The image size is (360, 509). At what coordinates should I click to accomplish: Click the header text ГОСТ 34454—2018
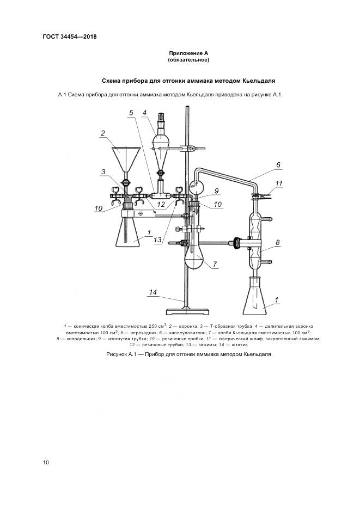(70, 36)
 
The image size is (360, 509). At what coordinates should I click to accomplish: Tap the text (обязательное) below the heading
(188, 60)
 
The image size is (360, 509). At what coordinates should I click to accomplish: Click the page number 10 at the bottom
(46, 462)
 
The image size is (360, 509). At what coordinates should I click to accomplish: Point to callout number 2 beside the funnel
(103, 133)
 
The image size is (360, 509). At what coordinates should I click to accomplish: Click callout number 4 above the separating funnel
(144, 113)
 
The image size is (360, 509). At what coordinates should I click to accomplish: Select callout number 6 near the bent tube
(278, 165)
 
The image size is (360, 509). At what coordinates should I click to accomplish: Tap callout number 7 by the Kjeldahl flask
(215, 264)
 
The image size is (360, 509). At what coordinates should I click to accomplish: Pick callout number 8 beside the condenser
(278, 242)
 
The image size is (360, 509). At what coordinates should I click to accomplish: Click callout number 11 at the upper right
(279, 183)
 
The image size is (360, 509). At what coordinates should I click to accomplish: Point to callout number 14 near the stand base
(153, 292)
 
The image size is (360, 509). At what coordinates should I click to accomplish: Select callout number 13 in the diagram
(157, 240)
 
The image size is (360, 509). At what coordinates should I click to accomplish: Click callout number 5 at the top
(131, 113)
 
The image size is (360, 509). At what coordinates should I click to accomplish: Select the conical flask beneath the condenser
(255, 296)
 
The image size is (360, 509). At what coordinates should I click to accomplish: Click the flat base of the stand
(186, 311)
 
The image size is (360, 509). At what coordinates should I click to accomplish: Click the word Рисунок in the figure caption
(116, 354)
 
